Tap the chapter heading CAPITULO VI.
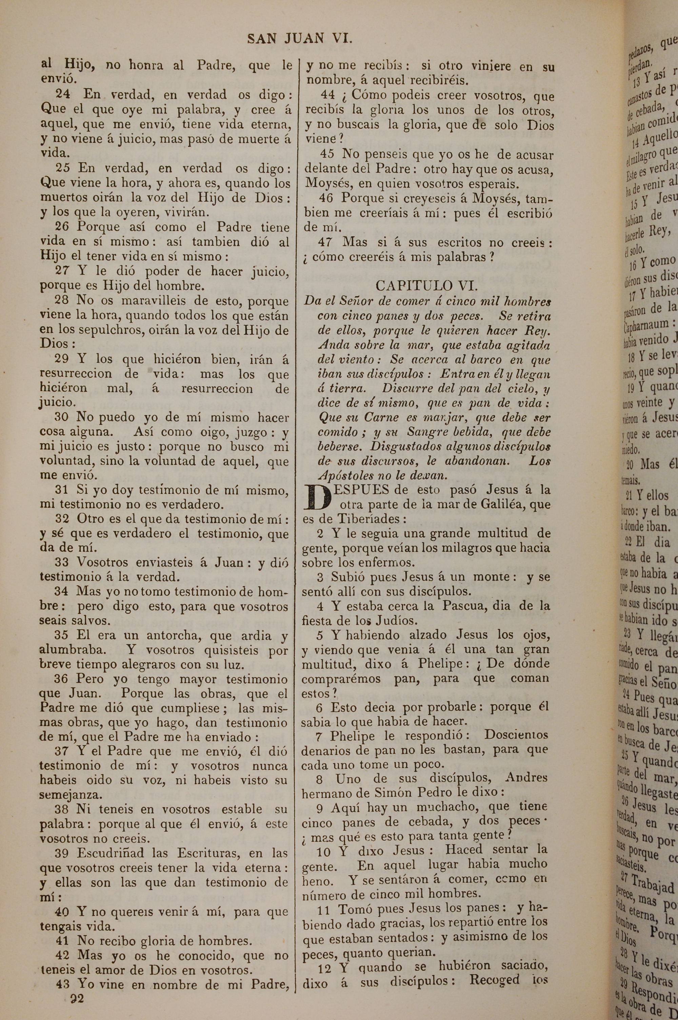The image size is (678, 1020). coord(426,286)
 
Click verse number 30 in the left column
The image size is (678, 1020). coord(62,417)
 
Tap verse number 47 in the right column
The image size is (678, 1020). coord(325,242)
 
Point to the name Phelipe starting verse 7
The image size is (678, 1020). coord(350,735)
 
